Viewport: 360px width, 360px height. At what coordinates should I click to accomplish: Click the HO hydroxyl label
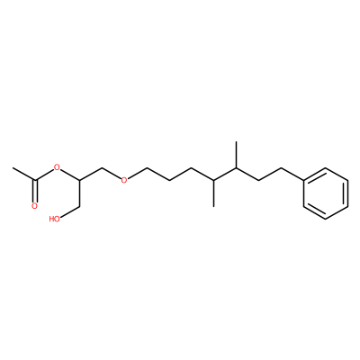tap(54, 219)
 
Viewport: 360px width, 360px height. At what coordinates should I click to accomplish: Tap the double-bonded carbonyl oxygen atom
tap(35, 206)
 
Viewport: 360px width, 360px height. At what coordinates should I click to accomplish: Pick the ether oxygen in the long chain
tap(124, 180)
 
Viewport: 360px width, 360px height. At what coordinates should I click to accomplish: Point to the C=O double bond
tap(35, 191)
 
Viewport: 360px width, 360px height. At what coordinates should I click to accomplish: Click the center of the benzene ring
tap(326, 193)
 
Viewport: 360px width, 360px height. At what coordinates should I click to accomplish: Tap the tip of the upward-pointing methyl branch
tap(236, 141)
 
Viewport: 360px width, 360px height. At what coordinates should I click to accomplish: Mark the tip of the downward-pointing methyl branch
tap(213, 206)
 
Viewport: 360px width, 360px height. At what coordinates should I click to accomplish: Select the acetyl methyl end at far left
tap(13, 167)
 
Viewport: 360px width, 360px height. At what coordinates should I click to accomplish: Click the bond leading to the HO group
tap(72, 212)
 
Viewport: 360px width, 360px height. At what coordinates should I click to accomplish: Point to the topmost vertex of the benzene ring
tap(326, 167)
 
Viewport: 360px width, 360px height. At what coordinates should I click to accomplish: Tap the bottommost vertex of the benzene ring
tap(326, 219)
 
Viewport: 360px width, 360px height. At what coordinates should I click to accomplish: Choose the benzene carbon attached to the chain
tap(303, 180)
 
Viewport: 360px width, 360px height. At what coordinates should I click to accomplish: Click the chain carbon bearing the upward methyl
tap(236, 167)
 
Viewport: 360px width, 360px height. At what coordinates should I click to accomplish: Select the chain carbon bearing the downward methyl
tap(213, 180)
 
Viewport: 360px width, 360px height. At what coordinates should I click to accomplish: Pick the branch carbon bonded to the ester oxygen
tap(80, 180)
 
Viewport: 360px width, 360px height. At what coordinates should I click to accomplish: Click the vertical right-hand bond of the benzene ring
tap(348, 193)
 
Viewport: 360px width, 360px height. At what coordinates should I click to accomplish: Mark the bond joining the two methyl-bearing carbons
tap(225, 174)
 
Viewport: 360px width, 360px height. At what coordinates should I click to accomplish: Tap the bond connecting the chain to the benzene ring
tap(292, 174)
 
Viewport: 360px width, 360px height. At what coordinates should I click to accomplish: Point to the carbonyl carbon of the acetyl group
tap(35, 180)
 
